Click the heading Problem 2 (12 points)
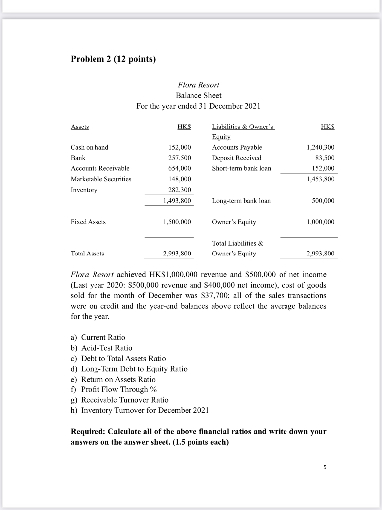pos(113,60)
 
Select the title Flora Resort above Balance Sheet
pos(198,85)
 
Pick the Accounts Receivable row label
pos(100,168)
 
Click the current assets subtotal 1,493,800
pos(177,201)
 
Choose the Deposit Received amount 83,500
pos(323,158)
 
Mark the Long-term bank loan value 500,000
pos(322,201)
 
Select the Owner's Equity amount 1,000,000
pos(319,222)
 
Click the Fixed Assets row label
pos(88,222)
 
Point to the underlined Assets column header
pos(80,127)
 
